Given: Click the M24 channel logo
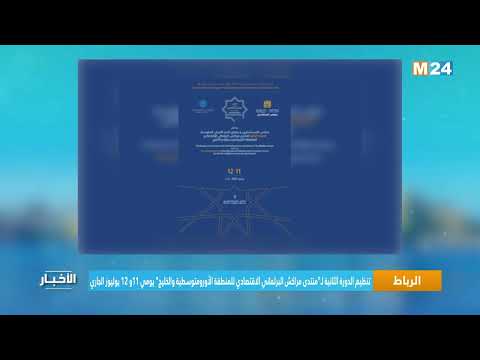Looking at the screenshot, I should (432, 68).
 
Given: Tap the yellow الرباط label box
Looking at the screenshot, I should (406, 281).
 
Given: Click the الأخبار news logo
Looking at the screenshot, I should (57, 282).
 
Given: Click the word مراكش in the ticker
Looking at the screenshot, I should (281, 281).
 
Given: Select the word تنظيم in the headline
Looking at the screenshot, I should (360, 281).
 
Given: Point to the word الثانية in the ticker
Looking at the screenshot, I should (323, 281).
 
